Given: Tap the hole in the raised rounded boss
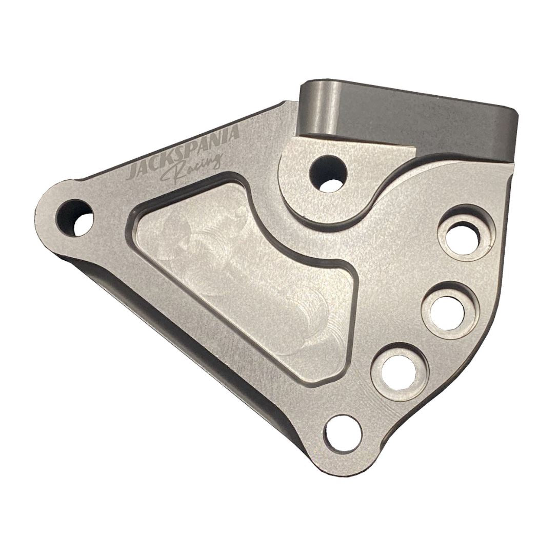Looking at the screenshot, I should click(328, 173).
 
